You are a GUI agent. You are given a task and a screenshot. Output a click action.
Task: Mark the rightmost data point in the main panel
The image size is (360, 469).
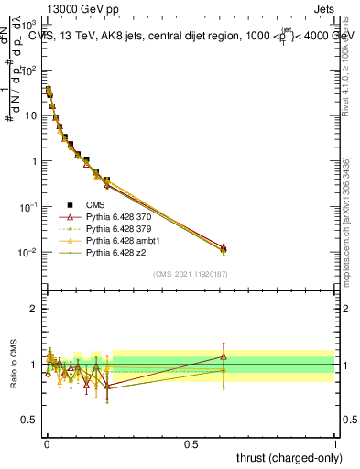[x=224, y=249]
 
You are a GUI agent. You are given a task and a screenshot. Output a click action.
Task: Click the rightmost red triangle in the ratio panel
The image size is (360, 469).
[x=224, y=357]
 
